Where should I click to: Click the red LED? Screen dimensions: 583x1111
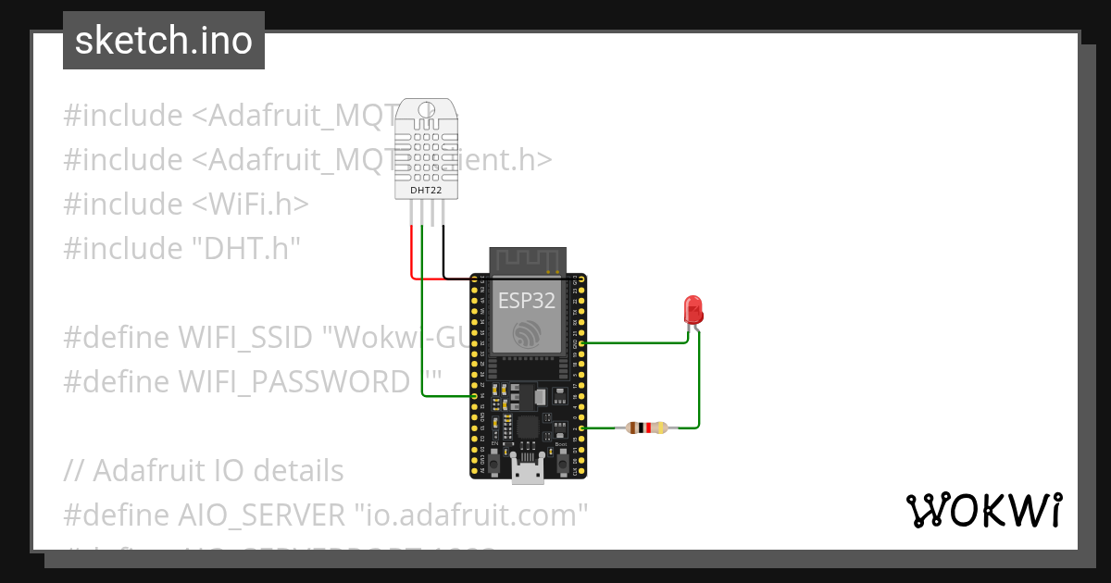coord(692,309)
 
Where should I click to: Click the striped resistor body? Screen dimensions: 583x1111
coord(646,428)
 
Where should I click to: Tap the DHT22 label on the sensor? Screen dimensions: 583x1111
coord(426,191)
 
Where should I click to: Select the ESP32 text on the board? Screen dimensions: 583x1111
coord(527,300)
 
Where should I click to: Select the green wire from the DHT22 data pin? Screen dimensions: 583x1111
coord(422,324)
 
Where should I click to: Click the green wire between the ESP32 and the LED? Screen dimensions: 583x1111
coord(639,341)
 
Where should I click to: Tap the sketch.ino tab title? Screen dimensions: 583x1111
coord(164,41)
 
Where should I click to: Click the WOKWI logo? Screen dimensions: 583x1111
coord(983,510)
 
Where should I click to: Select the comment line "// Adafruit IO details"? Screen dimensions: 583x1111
coord(204,470)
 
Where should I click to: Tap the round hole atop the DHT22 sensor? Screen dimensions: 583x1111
coord(426,111)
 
